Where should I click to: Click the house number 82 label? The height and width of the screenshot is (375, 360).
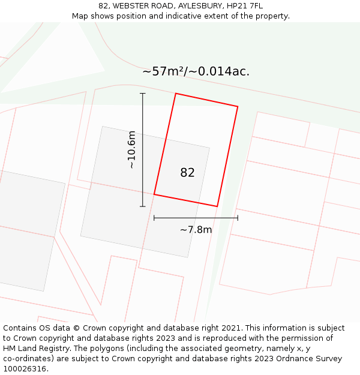(x=187, y=173)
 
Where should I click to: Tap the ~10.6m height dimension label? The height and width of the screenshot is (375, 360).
(x=131, y=150)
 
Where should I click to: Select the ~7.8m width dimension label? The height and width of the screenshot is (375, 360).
(x=196, y=229)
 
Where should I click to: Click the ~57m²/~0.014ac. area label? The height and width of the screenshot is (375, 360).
(x=196, y=71)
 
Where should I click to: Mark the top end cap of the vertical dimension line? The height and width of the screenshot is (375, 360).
(x=143, y=94)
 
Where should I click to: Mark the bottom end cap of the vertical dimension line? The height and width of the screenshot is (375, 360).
(x=143, y=206)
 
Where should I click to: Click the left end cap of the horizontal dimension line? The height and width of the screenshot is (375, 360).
(x=154, y=218)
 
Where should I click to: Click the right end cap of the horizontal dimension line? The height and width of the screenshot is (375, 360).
(x=238, y=218)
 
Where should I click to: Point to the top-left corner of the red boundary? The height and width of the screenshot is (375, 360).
(x=176, y=94)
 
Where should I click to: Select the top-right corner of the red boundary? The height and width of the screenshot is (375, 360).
(x=238, y=107)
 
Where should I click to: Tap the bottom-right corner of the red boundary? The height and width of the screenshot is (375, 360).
(x=217, y=206)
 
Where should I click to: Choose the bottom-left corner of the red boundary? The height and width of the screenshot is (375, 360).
(x=154, y=194)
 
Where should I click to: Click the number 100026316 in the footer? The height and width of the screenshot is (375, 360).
(x=24, y=369)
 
